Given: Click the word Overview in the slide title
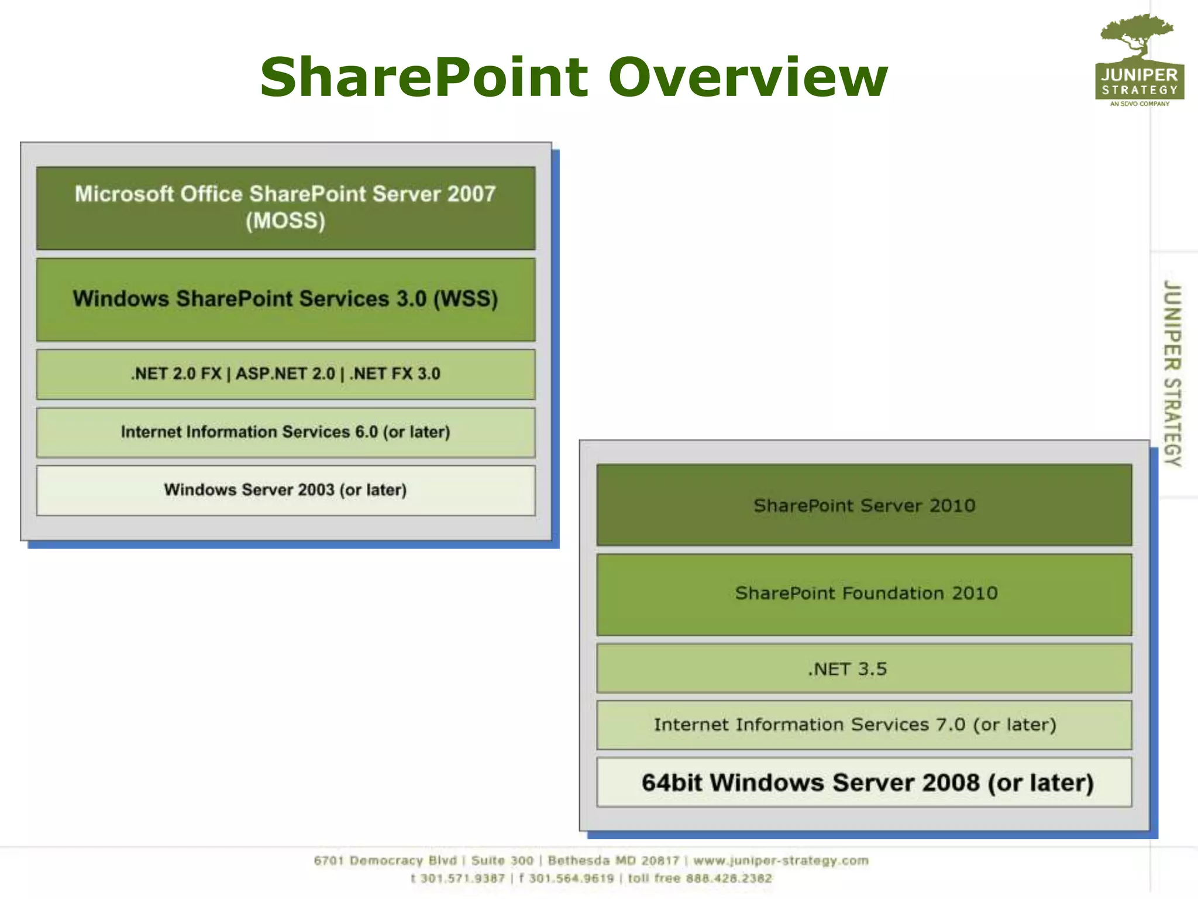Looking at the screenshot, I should point(748,77).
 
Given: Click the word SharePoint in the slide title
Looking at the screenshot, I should point(424,77).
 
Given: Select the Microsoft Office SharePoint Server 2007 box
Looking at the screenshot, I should point(285,208).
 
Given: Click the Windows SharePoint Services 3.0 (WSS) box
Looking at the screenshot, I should point(285,299).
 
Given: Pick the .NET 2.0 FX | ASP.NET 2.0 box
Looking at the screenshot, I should point(285,374).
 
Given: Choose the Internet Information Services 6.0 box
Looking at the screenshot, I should point(285,433).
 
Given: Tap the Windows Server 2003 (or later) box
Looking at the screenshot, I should point(285,490).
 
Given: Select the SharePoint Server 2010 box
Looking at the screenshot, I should point(864,505).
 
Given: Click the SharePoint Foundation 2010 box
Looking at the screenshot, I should point(864,594).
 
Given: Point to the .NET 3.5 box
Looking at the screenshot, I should point(864,668).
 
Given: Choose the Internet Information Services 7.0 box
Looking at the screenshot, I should point(864,725).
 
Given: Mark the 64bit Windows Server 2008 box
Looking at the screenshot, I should point(864,783).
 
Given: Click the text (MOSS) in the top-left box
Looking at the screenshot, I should point(285,221).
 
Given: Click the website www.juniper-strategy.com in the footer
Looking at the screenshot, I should point(781,861).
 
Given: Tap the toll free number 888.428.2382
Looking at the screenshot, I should point(729,879).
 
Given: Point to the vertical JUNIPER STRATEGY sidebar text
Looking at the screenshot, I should point(1172,373).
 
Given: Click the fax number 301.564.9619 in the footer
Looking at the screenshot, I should point(572,879).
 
